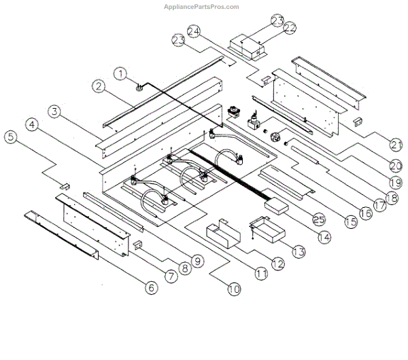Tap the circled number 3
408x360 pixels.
pos(54,110)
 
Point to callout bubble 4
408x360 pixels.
pos(31,124)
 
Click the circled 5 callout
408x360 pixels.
pos(9,137)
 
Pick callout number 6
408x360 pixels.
pos(151,288)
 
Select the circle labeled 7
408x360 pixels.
pos(169,277)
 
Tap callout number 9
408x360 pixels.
pos(197,259)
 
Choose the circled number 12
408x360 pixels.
pos(277,264)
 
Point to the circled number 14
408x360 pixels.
pos(323,237)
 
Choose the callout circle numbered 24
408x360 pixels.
pos(194,31)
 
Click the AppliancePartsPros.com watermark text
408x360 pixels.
pos(202,7)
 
